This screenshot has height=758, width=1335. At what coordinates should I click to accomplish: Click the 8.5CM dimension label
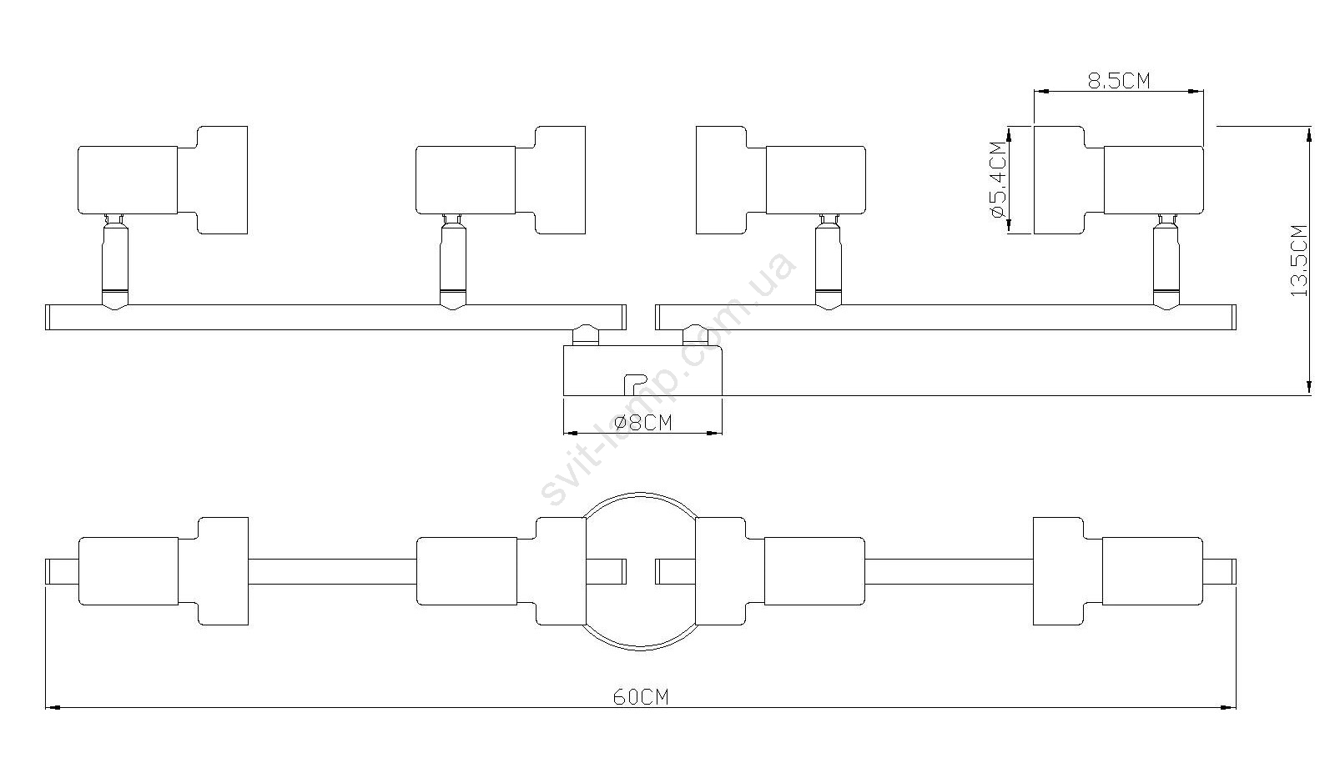(x=1119, y=80)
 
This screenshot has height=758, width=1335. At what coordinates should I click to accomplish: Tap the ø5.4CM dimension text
(x=997, y=180)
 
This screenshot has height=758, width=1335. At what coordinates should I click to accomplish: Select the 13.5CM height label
(x=1298, y=260)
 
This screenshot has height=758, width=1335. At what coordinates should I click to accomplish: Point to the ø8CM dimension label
(x=642, y=422)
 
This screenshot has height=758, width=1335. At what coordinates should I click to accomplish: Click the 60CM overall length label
(x=641, y=696)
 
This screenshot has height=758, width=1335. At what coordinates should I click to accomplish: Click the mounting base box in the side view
(x=642, y=369)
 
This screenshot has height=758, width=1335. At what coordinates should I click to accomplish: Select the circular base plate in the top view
(x=641, y=494)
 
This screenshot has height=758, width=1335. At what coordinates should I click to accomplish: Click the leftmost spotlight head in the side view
(x=163, y=180)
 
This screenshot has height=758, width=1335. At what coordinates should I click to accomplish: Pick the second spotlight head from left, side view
(x=501, y=180)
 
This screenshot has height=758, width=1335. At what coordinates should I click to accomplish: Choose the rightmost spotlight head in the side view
(x=1119, y=180)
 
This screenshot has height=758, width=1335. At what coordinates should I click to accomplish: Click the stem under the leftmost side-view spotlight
(x=114, y=262)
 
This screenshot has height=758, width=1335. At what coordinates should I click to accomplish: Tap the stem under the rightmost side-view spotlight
(x=1165, y=262)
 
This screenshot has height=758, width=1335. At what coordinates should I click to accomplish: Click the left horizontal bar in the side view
(x=335, y=318)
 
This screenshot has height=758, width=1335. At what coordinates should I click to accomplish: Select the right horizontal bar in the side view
(x=946, y=318)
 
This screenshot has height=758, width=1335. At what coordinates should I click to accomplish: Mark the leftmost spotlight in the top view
(x=163, y=571)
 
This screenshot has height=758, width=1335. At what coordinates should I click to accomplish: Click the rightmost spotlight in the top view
(x=1118, y=571)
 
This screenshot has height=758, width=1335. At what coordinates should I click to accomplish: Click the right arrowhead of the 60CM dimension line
(x=1228, y=708)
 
